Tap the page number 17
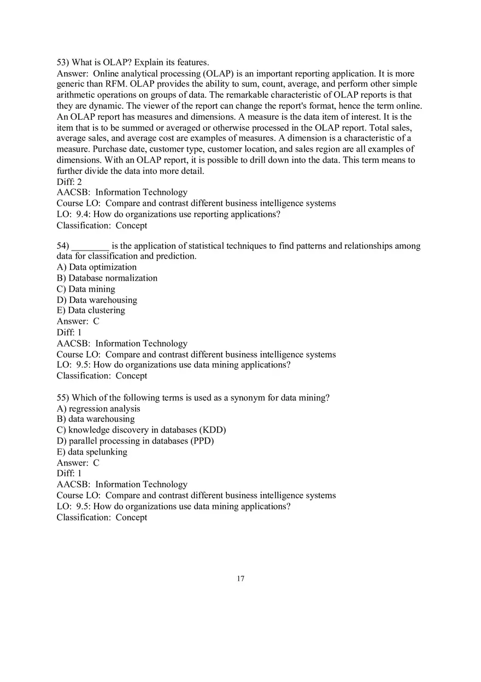(241, 579)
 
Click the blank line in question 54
(90, 246)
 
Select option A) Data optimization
(97, 267)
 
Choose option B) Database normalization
(107, 278)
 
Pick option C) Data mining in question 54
(86, 289)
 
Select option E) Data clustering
(91, 310)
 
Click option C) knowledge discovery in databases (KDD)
(141, 430)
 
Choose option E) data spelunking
(92, 452)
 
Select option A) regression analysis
(98, 409)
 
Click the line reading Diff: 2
(69, 182)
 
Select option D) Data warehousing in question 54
(97, 300)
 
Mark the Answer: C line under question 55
(78, 463)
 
